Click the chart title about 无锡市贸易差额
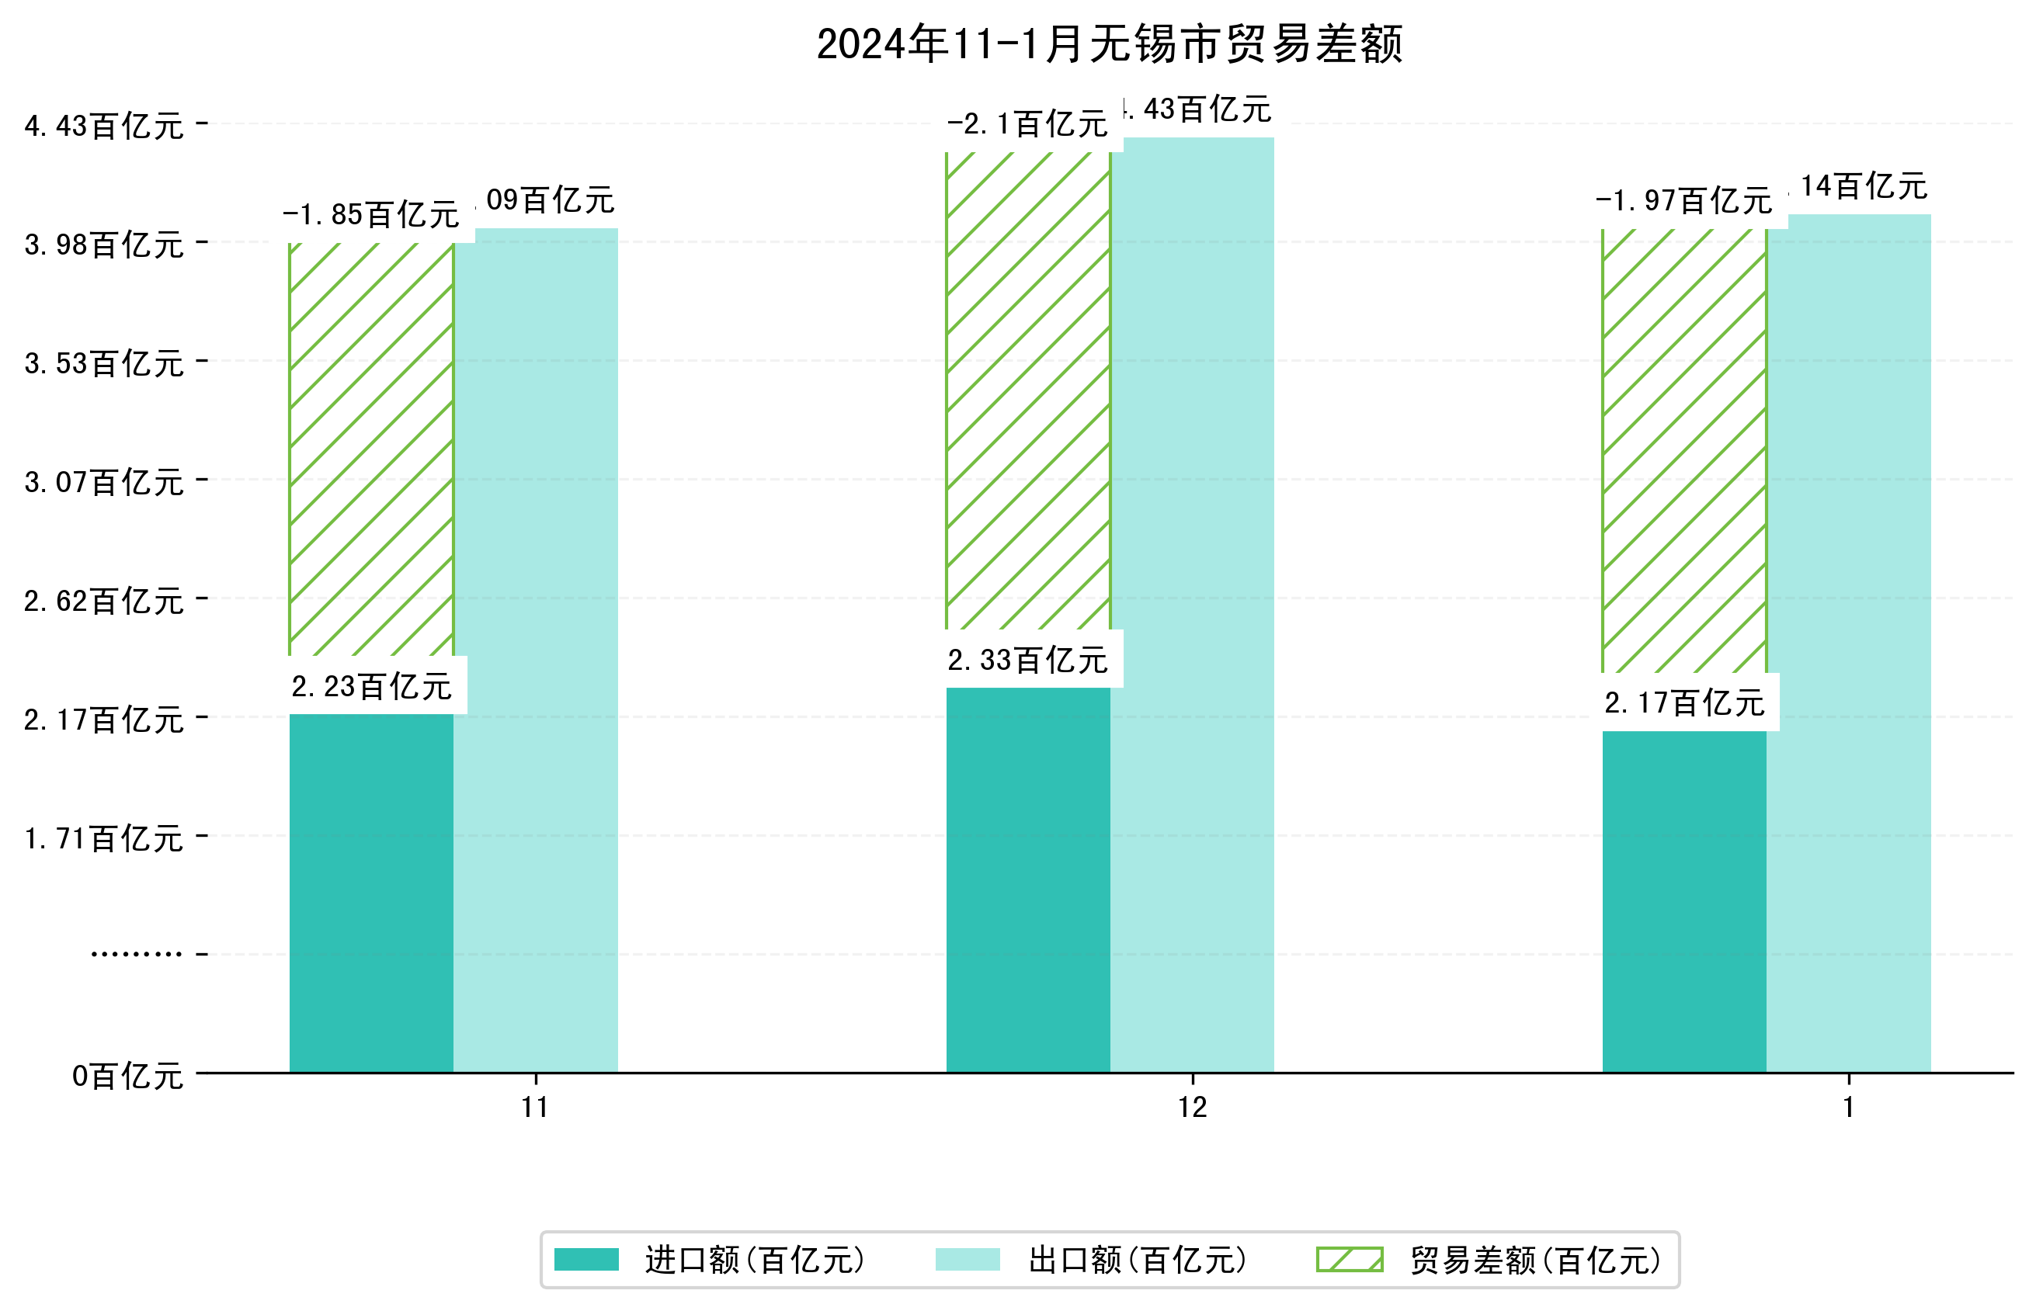click(x=1108, y=44)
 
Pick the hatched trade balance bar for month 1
click(x=1683, y=451)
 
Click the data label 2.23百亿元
click(x=371, y=686)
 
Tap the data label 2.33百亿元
click(x=1028, y=660)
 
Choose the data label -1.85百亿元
click(x=371, y=214)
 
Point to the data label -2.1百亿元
click(x=1028, y=125)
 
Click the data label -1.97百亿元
click(x=1683, y=201)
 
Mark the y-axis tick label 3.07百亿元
click(x=104, y=483)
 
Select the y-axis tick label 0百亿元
click(x=127, y=1076)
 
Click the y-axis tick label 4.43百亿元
click(x=104, y=126)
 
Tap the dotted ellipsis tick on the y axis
click(x=136, y=954)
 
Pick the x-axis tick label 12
click(x=1192, y=1108)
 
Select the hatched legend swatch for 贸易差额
click(x=1349, y=1260)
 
